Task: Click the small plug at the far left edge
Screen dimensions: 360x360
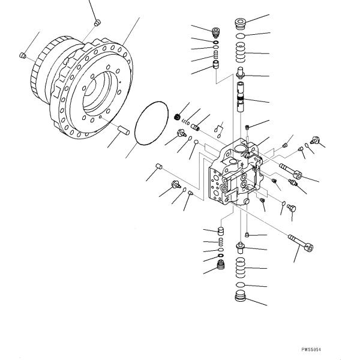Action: coord(23,56)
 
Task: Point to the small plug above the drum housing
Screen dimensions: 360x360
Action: coord(97,23)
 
